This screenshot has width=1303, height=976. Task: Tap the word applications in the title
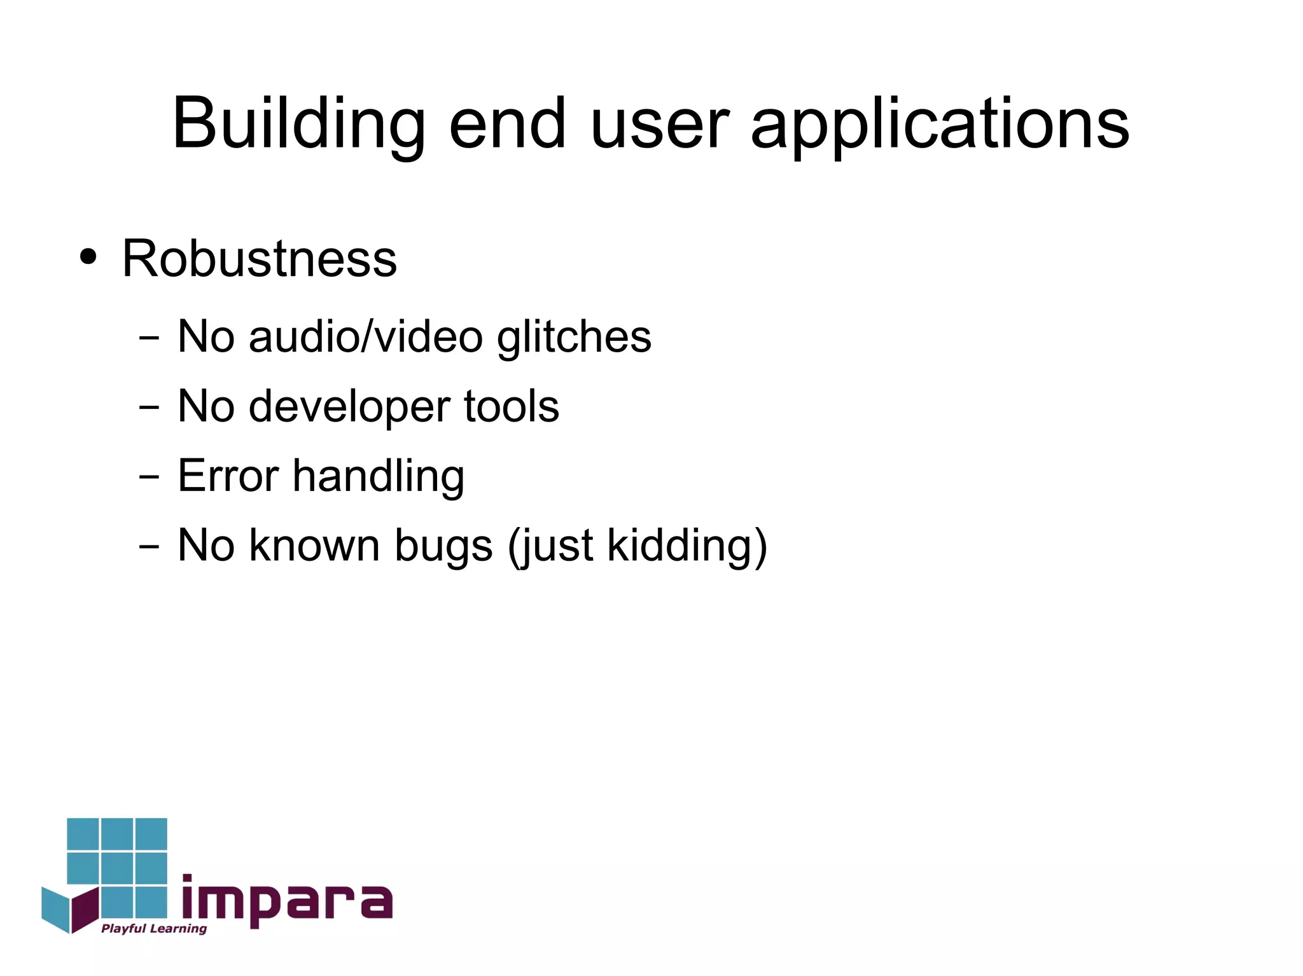pyautogui.click(x=940, y=124)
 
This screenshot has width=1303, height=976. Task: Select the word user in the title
pyautogui.click(x=659, y=124)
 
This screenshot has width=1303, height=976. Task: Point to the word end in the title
pyautogui.click(x=507, y=124)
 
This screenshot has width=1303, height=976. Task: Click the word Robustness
pyautogui.click(x=260, y=259)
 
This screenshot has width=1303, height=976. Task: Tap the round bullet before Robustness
pyautogui.click(x=88, y=257)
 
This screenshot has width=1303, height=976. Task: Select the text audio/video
pyautogui.click(x=366, y=336)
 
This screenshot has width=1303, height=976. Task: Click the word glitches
pyautogui.click(x=574, y=336)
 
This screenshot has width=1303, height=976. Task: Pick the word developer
pyautogui.click(x=349, y=407)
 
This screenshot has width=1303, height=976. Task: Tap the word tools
pyautogui.click(x=512, y=406)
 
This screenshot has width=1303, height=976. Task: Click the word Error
pyautogui.click(x=228, y=476)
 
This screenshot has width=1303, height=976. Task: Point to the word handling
pyautogui.click(x=379, y=477)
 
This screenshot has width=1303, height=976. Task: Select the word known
pyautogui.click(x=314, y=546)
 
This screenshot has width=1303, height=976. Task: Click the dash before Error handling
pyautogui.click(x=149, y=477)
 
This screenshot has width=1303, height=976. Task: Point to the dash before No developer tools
pyautogui.click(x=149, y=408)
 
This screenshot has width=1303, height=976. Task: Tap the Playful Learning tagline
pyautogui.click(x=154, y=929)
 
